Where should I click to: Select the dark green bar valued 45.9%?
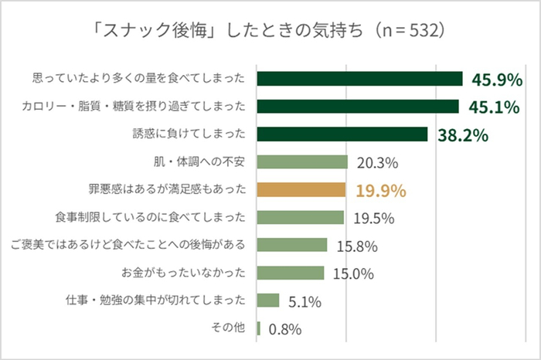pyautogui.click(x=359, y=79)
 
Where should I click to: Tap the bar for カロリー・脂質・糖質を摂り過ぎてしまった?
pyautogui.click(x=358, y=107)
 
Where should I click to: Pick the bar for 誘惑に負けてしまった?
pyautogui.click(x=342, y=134)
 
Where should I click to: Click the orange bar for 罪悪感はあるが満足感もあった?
pyautogui.click(x=301, y=189)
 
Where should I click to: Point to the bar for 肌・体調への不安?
pyautogui.click(x=302, y=162)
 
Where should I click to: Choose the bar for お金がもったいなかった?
pyautogui.click(x=290, y=273)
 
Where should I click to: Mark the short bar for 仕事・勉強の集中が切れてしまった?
pyautogui.click(x=267, y=300)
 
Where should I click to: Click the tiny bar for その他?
pyautogui.click(x=258, y=328)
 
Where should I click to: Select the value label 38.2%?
pyautogui.click(x=462, y=135)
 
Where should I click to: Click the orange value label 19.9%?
pyautogui.click(x=380, y=190)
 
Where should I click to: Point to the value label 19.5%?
pyautogui.click(x=375, y=218)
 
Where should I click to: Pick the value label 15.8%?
pyautogui.click(x=356, y=246)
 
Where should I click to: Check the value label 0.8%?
pyautogui.click(x=284, y=329)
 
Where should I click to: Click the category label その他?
pyautogui.click(x=228, y=328)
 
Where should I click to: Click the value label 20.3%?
pyautogui.click(x=376, y=163)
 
